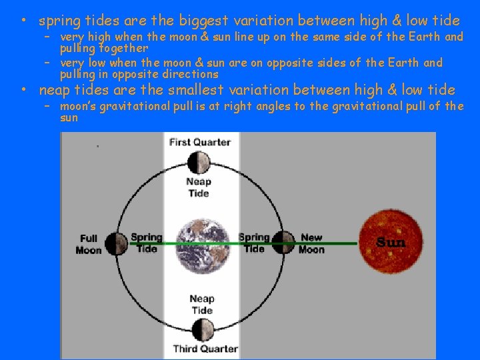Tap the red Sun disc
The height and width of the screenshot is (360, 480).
(x=391, y=241)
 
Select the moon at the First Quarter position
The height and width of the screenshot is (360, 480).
(x=199, y=163)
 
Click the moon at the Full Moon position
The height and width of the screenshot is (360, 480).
(x=116, y=244)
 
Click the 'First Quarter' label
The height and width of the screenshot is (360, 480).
(x=200, y=142)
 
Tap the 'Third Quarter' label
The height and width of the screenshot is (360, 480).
(x=205, y=349)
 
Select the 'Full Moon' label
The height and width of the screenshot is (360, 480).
(x=89, y=245)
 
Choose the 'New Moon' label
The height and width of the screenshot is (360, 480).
(x=311, y=243)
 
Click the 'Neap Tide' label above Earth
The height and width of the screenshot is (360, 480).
(x=199, y=187)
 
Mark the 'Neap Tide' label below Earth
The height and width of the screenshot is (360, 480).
(x=202, y=305)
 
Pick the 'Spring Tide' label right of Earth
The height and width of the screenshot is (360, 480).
(x=254, y=243)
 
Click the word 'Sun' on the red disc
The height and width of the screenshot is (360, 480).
(x=391, y=242)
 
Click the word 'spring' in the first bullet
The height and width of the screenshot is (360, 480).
(x=60, y=21)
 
